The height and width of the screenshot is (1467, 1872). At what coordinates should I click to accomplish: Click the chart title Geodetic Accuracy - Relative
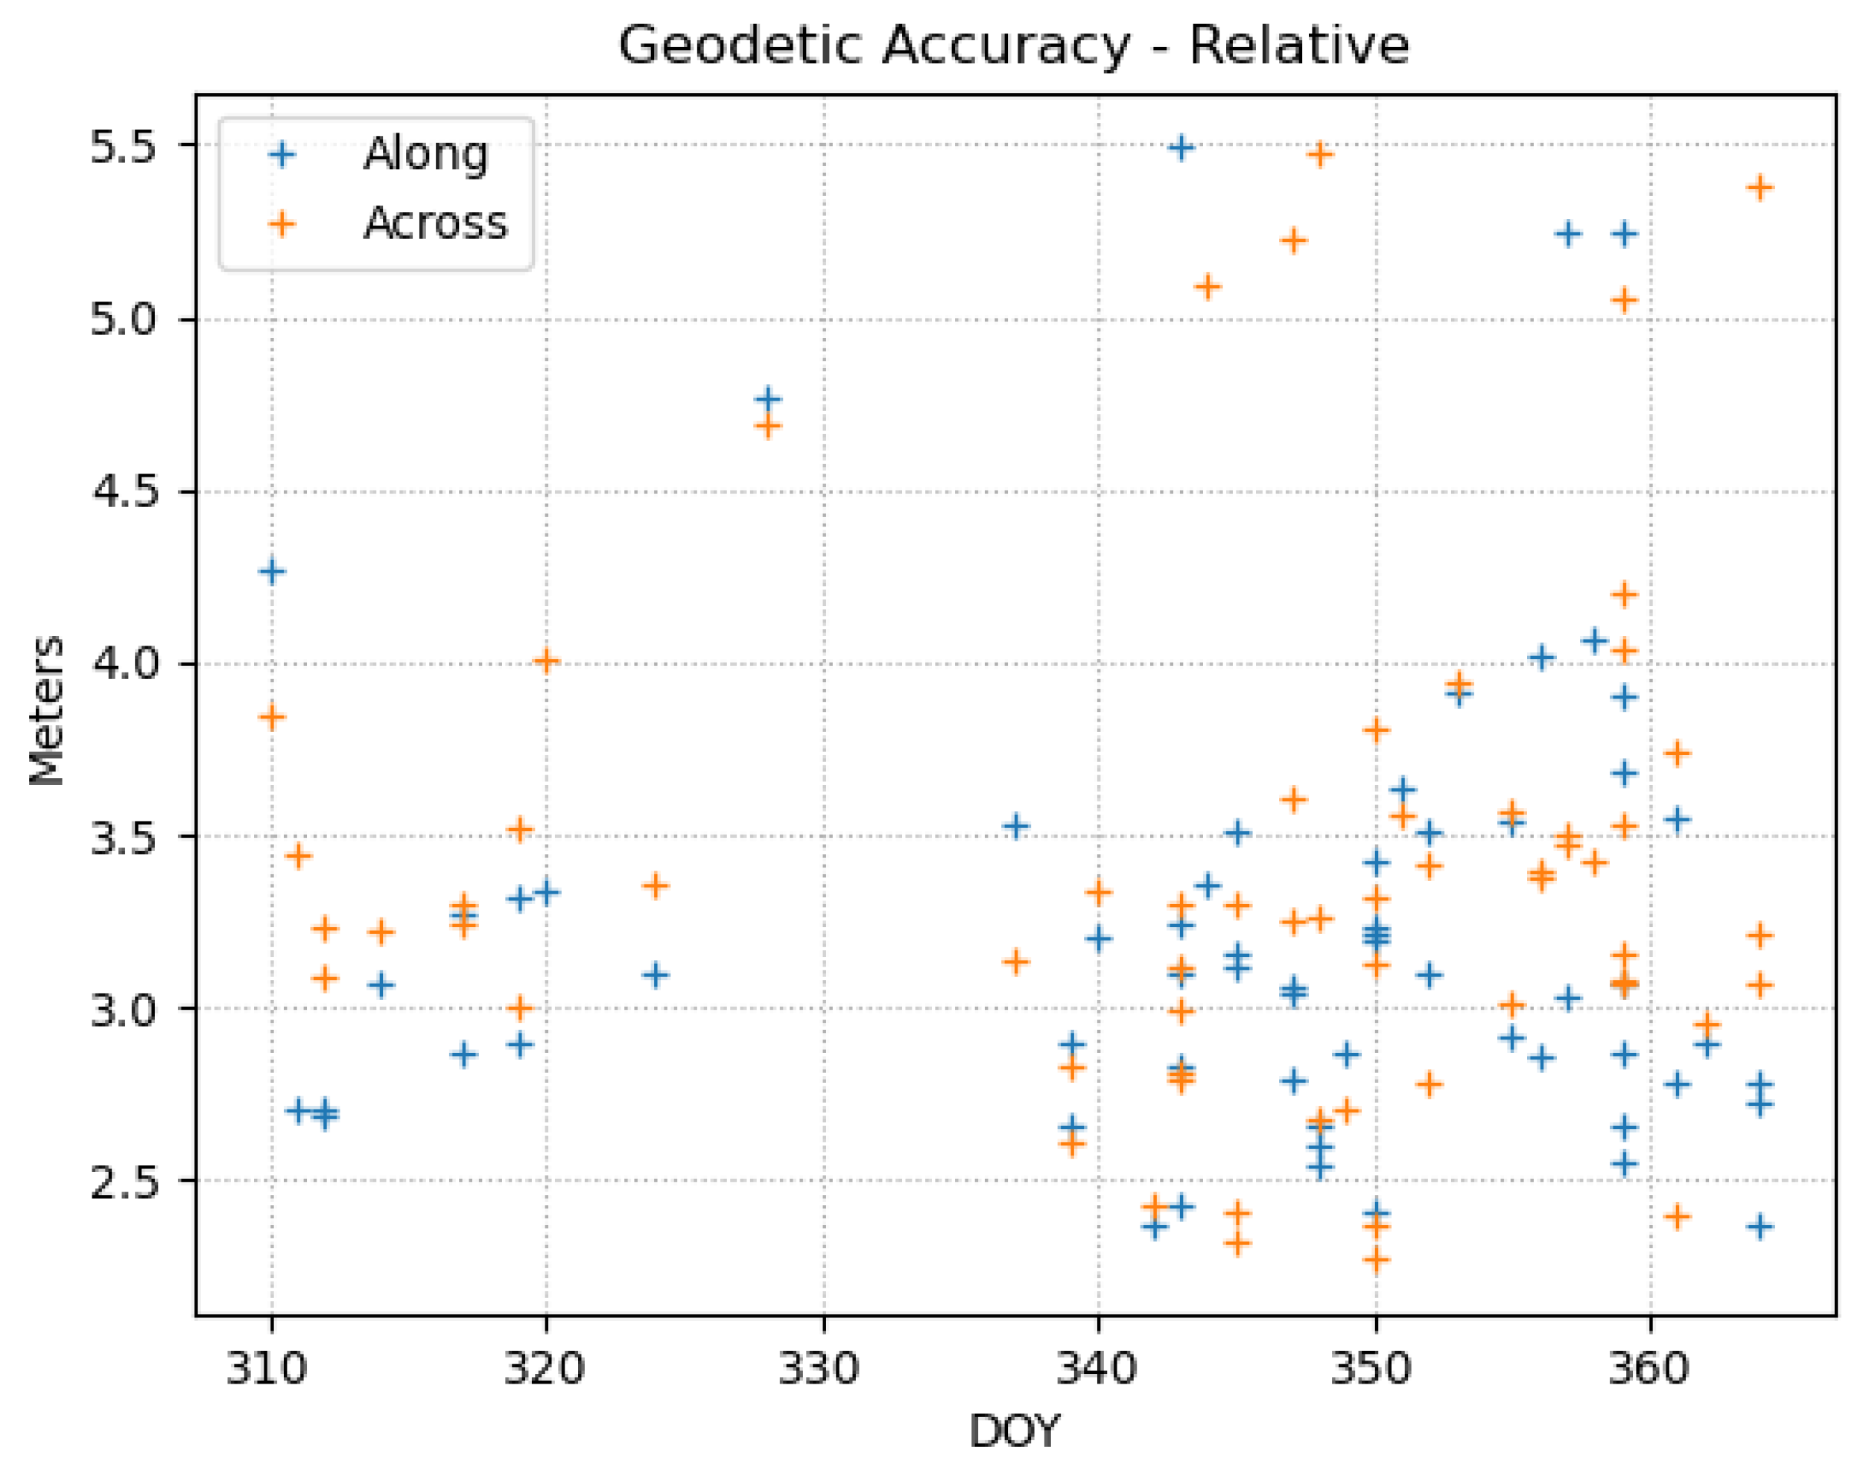click(x=1014, y=45)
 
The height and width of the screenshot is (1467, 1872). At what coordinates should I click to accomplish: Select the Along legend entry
click(x=425, y=155)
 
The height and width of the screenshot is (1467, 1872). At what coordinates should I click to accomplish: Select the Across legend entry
click(x=435, y=224)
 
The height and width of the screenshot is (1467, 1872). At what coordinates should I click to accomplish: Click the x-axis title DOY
click(x=1014, y=1432)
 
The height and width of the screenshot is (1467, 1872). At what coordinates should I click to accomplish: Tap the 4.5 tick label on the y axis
click(x=124, y=493)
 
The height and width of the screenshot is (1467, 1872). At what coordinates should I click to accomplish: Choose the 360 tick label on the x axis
click(x=1648, y=1367)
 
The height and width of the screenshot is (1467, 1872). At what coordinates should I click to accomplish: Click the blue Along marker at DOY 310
click(x=271, y=572)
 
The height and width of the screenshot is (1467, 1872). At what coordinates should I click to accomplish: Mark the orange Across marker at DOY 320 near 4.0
click(x=546, y=661)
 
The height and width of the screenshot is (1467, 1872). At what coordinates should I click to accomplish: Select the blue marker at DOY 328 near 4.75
click(x=768, y=399)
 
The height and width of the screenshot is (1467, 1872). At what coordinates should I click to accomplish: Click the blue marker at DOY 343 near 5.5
click(x=1181, y=147)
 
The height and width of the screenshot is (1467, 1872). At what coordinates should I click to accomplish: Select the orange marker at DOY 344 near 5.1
click(x=1208, y=286)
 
